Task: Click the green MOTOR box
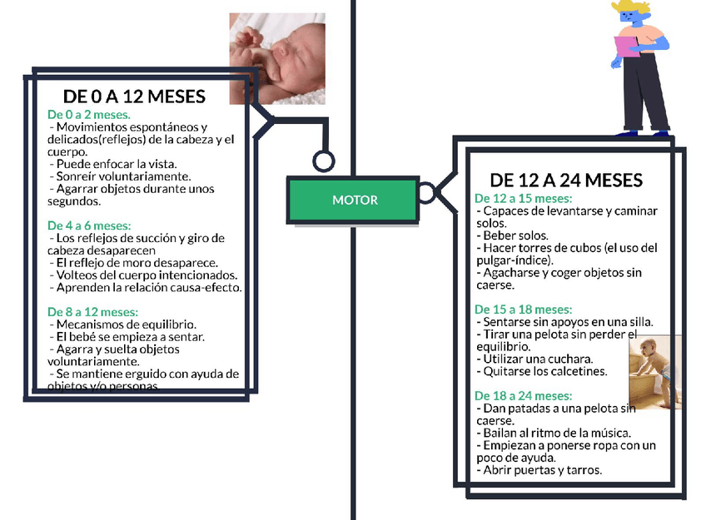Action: pos(355,200)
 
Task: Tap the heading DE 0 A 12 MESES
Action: pos(134,97)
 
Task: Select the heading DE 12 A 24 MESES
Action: pos(566,181)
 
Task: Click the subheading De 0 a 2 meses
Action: pos(89,114)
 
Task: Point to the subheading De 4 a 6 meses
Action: pos(89,225)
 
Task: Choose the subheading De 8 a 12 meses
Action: pos(92,312)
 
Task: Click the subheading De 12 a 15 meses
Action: pos(523,199)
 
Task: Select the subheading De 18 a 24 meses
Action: pos(523,395)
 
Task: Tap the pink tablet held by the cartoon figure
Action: pos(625,45)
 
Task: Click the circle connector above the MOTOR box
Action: pos(323,161)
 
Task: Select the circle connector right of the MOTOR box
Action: pos(426,194)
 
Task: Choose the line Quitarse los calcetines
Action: pos(541,371)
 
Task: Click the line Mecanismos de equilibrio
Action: pos(123,324)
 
